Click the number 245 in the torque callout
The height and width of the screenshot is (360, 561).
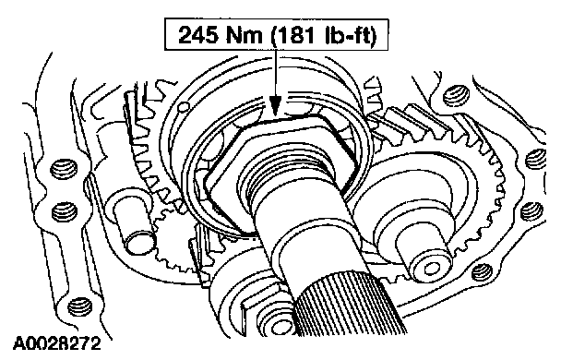click(x=198, y=35)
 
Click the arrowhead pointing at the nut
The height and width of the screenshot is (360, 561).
click(x=275, y=106)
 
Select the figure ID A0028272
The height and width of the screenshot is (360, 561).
click(x=57, y=344)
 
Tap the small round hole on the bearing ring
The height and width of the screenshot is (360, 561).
click(x=184, y=106)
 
